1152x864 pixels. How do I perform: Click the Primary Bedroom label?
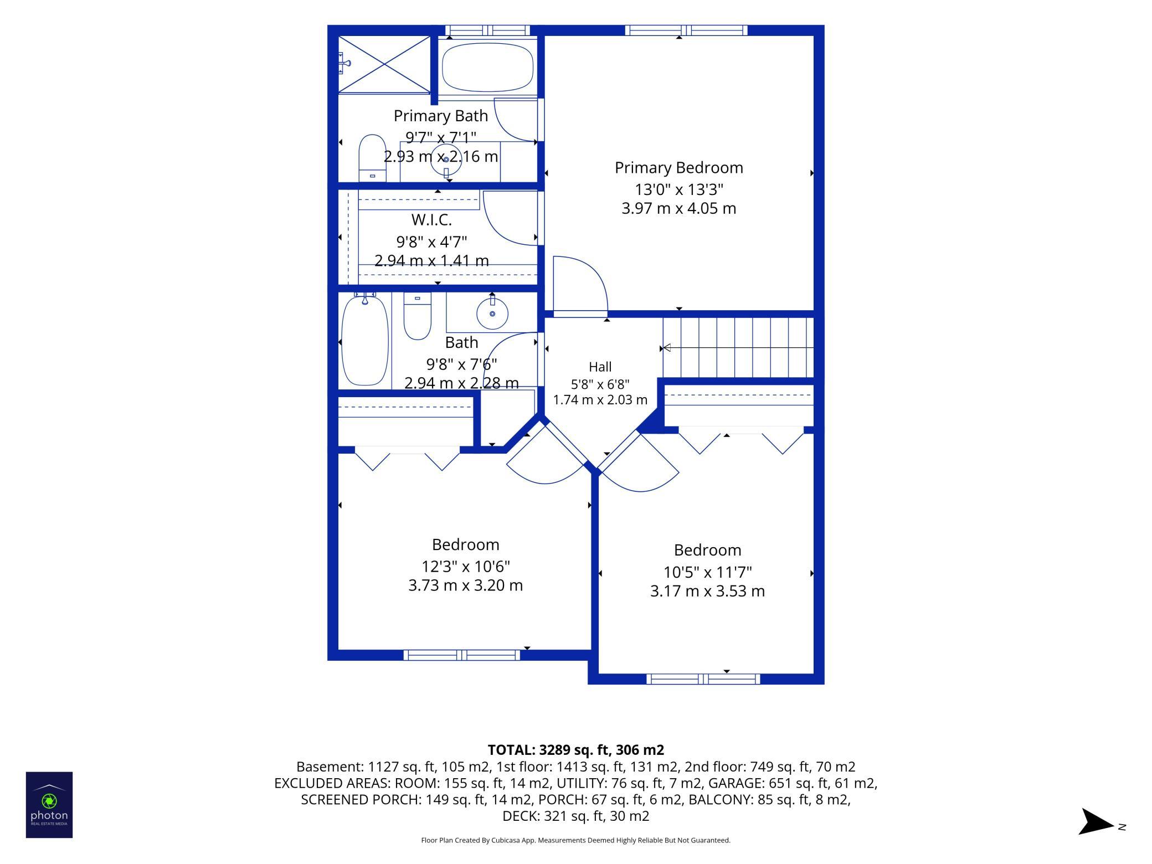[678, 168]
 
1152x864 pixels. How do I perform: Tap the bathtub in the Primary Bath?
[487, 68]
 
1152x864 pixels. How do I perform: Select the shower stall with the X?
[384, 64]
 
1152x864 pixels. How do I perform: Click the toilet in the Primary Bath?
[372, 157]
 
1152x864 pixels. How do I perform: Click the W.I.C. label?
[431, 220]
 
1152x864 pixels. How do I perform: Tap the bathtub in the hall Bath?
[365, 340]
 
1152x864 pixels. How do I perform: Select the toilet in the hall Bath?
[417, 315]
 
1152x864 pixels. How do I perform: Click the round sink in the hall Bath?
[492, 313]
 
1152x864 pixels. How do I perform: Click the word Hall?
[600, 367]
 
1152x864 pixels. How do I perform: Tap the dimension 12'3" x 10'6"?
[466, 567]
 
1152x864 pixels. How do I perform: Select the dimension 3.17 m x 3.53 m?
[707, 591]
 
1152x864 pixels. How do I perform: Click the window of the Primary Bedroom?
[686, 30]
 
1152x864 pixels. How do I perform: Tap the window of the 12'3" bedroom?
[462, 655]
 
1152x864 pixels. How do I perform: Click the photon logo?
[49, 805]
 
